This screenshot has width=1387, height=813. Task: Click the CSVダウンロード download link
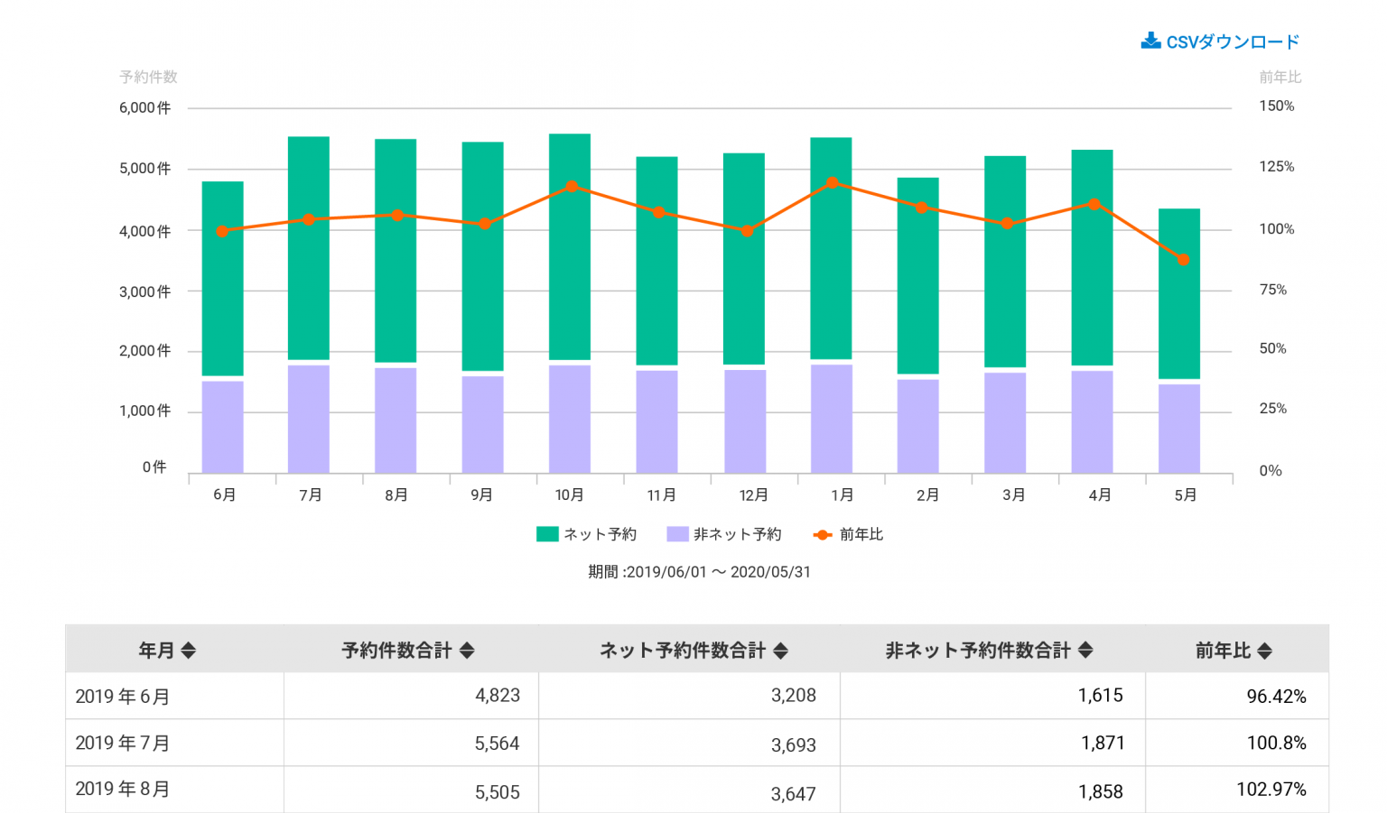1220,42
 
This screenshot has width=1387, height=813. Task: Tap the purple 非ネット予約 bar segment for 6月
222,427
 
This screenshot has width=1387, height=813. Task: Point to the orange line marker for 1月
833,183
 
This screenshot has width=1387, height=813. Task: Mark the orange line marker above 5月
1183,260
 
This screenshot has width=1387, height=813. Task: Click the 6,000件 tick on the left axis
144,108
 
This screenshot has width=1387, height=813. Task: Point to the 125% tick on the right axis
1277,167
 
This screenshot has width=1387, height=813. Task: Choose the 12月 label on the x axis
753,495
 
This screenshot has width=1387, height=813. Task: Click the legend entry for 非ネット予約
724,534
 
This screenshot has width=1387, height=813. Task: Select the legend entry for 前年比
849,534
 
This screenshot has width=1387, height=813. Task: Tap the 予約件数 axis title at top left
148,78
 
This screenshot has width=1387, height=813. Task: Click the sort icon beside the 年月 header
189,651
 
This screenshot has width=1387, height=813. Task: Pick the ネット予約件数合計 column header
683,651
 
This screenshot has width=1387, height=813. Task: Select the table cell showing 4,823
498,696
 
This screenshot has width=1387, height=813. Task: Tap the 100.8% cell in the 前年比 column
1276,744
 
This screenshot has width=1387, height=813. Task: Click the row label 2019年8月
123,790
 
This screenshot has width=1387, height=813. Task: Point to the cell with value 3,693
793,745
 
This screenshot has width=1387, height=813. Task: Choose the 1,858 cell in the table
1100,791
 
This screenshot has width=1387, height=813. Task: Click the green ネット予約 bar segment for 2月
918,275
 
